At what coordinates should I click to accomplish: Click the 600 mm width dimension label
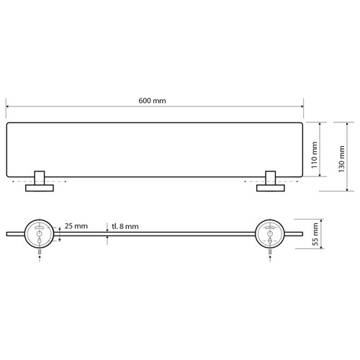click(x=154, y=101)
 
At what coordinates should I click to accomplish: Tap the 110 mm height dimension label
click(x=314, y=153)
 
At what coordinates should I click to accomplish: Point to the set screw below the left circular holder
click(x=37, y=253)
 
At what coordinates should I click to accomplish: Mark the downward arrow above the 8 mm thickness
click(x=108, y=228)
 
